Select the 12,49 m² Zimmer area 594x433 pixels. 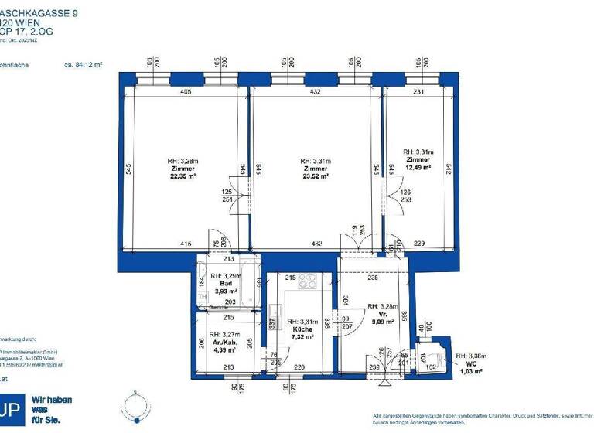click(417, 167)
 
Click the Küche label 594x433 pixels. click(302, 329)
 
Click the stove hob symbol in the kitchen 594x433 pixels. click(307, 281)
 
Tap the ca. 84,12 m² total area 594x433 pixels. click(85, 66)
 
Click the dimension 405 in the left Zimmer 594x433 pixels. click(185, 92)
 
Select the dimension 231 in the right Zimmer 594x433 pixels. click(418, 92)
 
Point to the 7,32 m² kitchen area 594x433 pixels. click(302, 337)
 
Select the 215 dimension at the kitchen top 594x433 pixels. click(291, 277)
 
